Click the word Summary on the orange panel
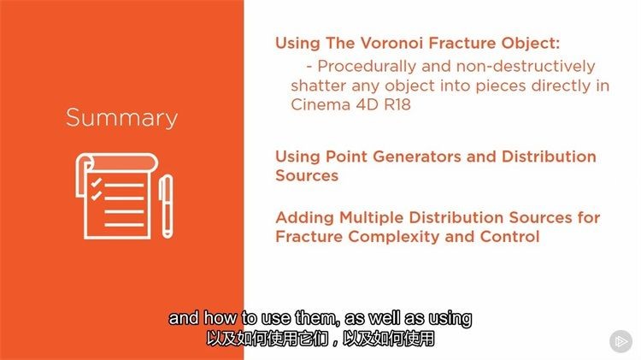click(121, 119)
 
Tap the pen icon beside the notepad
click(167, 206)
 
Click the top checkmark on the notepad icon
click(96, 182)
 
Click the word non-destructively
click(526, 66)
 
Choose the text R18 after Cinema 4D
click(397, 104)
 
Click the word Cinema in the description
click(320, 104)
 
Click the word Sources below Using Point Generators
click(307, 176)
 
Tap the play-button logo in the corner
click(621, 341)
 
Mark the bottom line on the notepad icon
click(124, 225)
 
